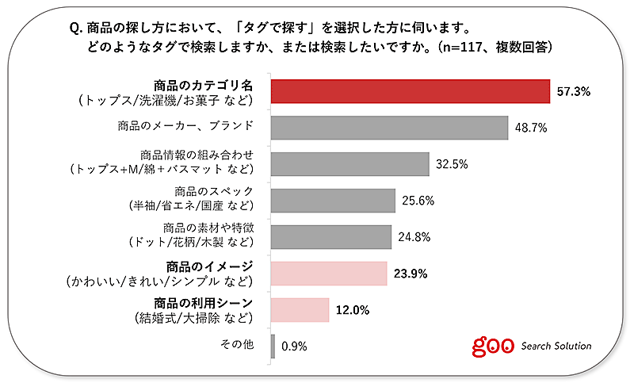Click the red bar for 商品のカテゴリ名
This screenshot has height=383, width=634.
(411, 91)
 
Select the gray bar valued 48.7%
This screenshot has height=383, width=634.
(389, 128)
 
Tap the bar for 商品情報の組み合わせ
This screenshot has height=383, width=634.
(349, 164)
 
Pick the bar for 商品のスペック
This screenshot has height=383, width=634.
(333, 201)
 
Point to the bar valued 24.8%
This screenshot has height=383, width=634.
(331, 237)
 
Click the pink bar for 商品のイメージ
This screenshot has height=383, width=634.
(329, 274)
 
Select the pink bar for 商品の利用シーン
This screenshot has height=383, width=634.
(300, 310)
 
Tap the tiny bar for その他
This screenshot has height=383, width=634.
(273, 347)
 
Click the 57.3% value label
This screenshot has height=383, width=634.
(574, 92)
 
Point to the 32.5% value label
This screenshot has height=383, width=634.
(452, 165)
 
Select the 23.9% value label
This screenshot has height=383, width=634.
(411, 274)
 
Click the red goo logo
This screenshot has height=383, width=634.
(492, 346)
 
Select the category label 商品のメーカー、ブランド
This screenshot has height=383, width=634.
(195, 124)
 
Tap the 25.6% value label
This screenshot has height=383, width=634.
(418, 201)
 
